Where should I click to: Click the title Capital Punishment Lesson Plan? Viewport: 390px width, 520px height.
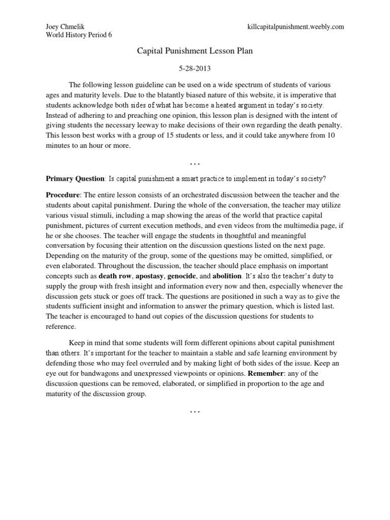click(x=195, y=51)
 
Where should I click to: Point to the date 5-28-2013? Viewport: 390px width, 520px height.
click(x=195, y=68)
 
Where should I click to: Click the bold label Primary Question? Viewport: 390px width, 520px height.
click(x=75, y=179)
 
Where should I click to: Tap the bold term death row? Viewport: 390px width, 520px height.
click(x=116, y=277)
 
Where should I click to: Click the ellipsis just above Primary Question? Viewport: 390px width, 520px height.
click(x=195, y=163)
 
